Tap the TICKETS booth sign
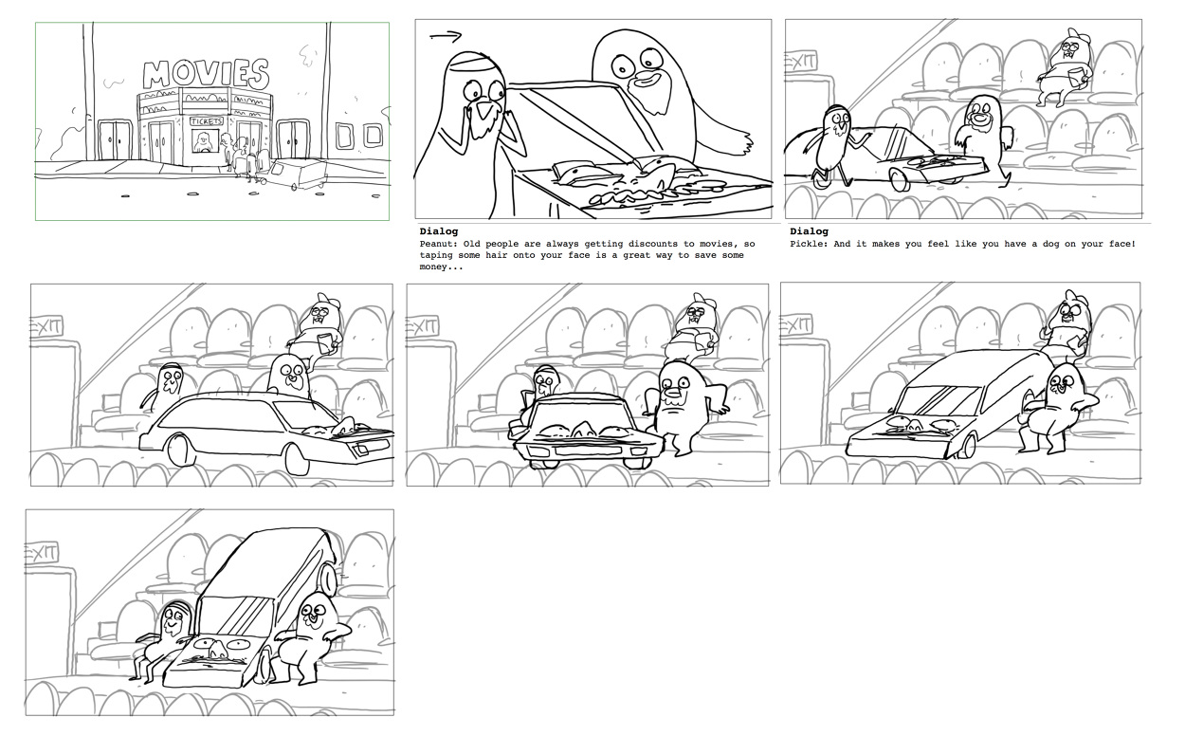[207, 121]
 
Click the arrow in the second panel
[445, 37]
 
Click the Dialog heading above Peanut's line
[438, 231]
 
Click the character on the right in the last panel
[313, 635]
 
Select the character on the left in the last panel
[171, 635]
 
